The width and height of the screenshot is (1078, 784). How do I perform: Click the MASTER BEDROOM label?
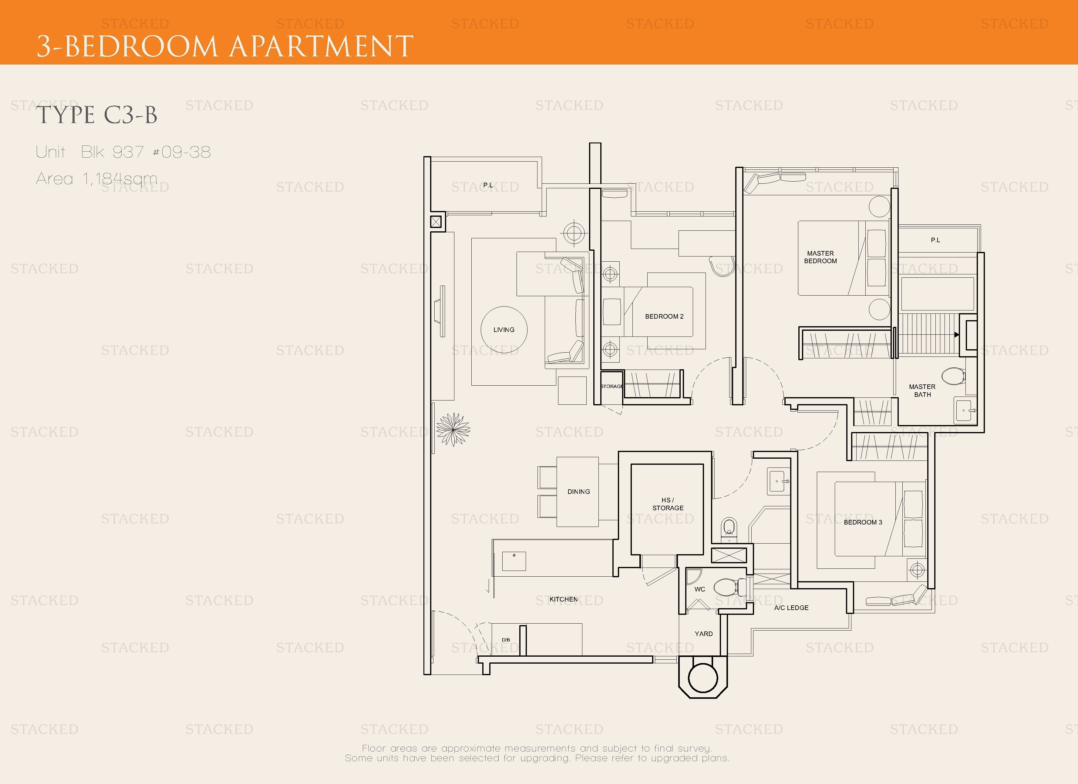coord(820,257)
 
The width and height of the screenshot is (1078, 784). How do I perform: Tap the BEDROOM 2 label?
coord(664,317)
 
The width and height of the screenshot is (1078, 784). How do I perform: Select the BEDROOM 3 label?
coord(863,522)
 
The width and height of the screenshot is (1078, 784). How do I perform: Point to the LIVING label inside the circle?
coord(504,330)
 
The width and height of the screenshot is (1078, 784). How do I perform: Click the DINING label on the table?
coord(578,492)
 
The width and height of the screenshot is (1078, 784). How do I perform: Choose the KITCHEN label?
coord(564,599)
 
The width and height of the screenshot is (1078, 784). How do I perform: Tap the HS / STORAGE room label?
coord(668,504)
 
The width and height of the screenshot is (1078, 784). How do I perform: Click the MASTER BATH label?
coord(922,390)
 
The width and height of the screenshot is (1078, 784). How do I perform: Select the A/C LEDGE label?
coord(791,608)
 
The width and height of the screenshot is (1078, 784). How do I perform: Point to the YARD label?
coord(703,634)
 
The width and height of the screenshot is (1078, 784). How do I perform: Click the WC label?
coord(700,589)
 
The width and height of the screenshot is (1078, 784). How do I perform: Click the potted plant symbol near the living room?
coord(453,430)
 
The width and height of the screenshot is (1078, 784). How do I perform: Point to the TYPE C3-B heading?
coord(97,115)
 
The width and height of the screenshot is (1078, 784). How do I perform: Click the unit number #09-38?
coord(182,152)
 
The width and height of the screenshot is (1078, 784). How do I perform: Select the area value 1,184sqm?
coord(120,179)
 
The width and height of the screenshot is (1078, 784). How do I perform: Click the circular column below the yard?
coord(703,678)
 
